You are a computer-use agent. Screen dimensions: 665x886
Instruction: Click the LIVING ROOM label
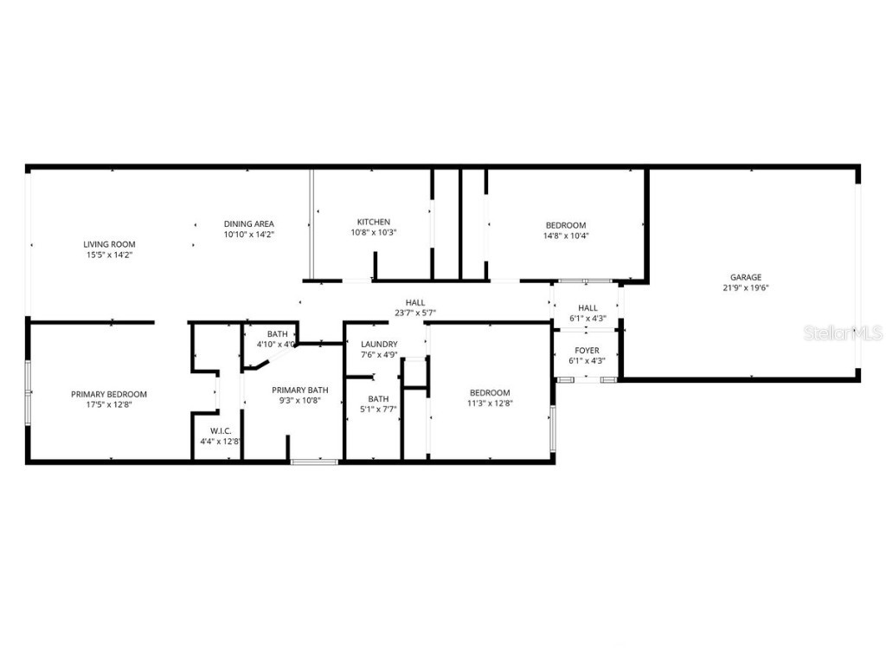coord(109,244)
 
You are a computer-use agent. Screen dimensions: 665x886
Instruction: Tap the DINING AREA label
coord(249,223)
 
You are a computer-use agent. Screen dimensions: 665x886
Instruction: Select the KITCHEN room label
coord(374,222)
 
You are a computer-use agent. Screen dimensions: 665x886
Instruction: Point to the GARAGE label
coord(745,277)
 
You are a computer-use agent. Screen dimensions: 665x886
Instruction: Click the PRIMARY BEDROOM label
coord(109,394)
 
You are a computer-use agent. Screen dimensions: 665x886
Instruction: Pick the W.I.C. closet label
coord(219,430)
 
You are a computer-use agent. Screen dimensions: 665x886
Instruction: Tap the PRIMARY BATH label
coord(300,390)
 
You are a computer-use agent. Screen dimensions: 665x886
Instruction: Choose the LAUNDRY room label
coord(379,344)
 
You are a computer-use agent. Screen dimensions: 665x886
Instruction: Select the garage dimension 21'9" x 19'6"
coord(745,288)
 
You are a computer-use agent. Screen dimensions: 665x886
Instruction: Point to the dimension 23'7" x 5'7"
coord(415,313)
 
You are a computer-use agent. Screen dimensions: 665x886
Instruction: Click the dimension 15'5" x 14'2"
coord(109,255)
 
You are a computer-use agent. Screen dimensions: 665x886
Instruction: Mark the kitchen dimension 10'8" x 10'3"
coord(374,232)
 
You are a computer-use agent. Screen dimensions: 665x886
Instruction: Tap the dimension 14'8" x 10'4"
coord(566,236)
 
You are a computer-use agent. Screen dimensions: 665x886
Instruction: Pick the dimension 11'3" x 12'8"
coord(490,404)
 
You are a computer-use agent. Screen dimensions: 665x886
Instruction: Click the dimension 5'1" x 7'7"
coord(378,410)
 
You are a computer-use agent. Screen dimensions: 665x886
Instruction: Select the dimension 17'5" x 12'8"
coord(109,404)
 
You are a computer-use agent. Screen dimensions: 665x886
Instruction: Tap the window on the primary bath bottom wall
coord(314,462)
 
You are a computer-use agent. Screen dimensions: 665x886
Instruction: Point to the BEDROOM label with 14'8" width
coord(566,225)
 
